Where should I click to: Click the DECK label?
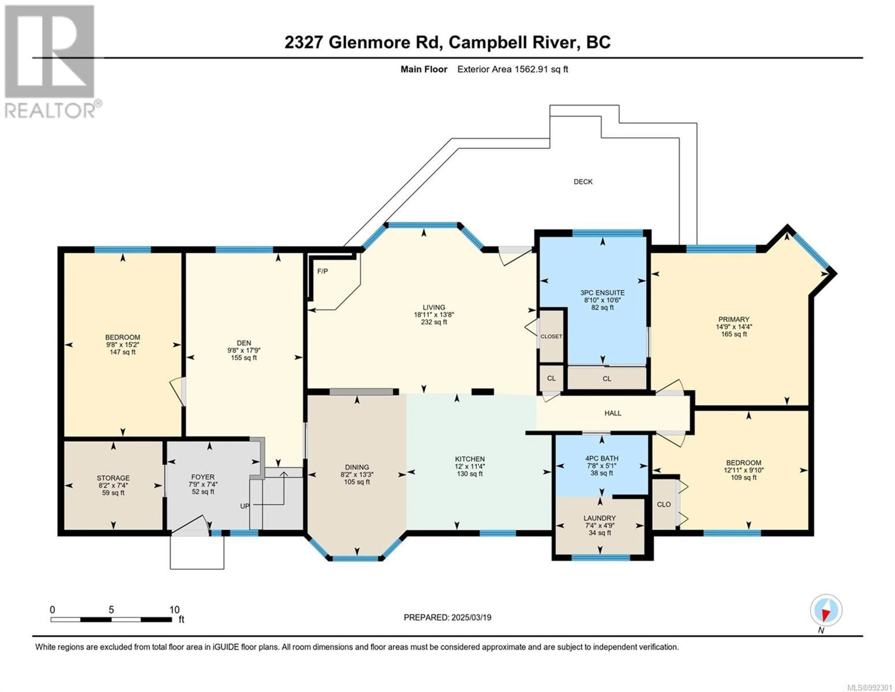[583, 182]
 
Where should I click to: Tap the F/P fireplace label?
[323, 271]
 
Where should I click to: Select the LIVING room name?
[434, 307]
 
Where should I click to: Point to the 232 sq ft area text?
[434, 322]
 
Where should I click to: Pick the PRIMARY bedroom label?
[733, 319]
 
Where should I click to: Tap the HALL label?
[613, 413]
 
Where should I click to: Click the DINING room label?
[357, 467]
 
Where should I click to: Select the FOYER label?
[203, 477]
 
